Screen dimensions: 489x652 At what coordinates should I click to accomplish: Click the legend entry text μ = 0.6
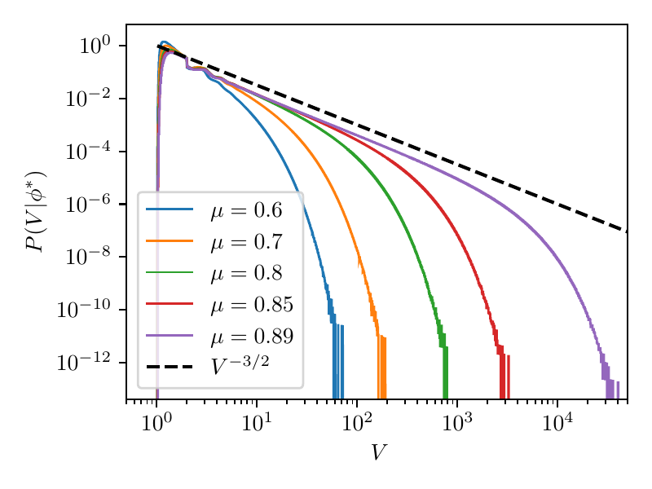tap(246, 210)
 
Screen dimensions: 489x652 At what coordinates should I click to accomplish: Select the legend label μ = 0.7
tap(246, 241)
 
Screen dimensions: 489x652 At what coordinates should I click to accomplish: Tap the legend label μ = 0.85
tap(251, 304)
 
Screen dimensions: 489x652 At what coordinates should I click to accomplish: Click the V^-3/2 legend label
tap(240, 366)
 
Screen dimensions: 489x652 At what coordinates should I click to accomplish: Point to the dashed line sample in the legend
tap(170, 367)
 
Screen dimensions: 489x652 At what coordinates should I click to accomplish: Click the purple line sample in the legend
tap(170, 335)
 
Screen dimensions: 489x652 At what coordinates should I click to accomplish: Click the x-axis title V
tap(377, 453)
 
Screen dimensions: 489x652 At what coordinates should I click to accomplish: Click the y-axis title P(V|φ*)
tap(35, 212)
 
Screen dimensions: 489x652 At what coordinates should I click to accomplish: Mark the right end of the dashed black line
tap(626, 231)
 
